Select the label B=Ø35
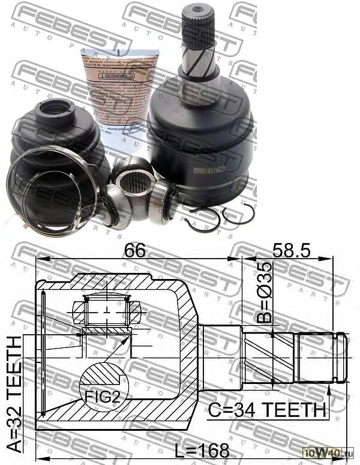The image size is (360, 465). pos(265,292)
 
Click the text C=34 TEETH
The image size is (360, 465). pos(267,410)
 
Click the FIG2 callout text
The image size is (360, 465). pos(101,397)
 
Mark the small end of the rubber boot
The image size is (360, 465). pos(53,110)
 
